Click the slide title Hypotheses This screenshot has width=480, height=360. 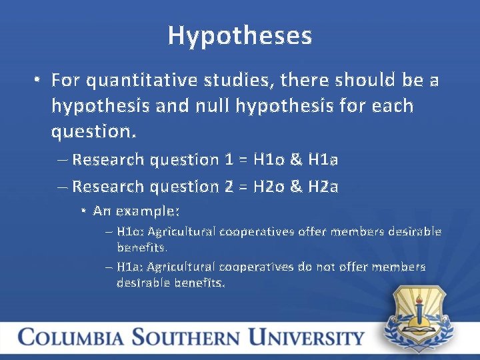(240, 35)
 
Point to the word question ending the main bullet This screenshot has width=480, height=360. (93, 131)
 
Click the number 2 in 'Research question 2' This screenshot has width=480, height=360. (228, 187)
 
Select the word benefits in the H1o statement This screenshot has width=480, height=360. (142, 247)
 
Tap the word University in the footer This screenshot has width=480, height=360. (306, 337)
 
